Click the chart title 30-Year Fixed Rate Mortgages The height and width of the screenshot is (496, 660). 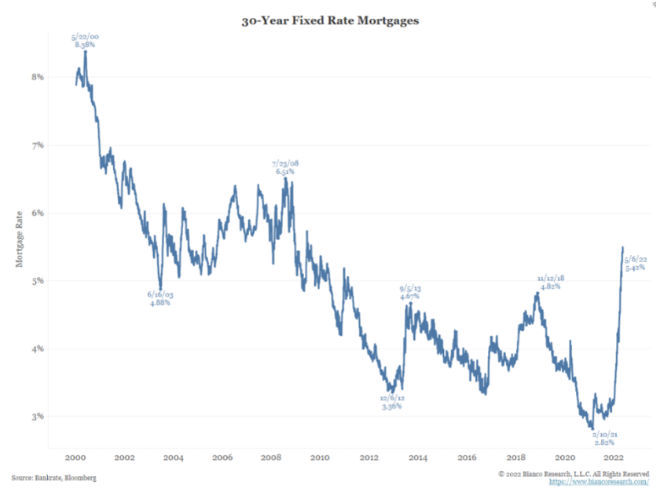(x=330, y=21)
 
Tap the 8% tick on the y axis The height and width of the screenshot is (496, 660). (x=38, y=77)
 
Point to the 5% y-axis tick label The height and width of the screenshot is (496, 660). (x=38, y=280)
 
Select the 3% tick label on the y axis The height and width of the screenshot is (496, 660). (x=38, y=416)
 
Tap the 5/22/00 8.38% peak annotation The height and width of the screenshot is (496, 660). (x=84, y=41)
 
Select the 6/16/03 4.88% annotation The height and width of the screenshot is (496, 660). (x=160, y=299)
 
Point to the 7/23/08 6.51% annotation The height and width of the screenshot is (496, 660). (x=285, y=169)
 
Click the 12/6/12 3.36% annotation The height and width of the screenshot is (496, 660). (x=392, y=403)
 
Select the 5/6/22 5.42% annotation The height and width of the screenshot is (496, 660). (x=635, y=264)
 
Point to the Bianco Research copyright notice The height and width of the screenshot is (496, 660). (x=574, y=473)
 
